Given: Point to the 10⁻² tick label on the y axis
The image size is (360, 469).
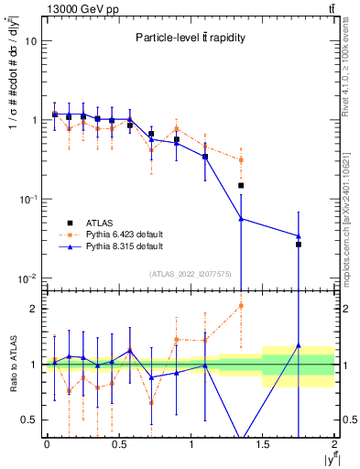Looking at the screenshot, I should pyautogui.click(x=28, y=278).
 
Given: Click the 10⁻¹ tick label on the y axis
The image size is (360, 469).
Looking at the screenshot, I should pyautogui.click(x=28, y=199).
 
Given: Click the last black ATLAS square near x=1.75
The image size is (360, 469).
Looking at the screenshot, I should pyautogui.click(x=299, y=245).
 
